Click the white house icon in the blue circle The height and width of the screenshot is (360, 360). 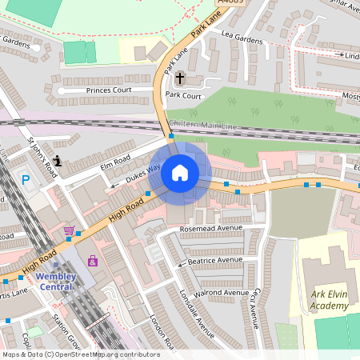pyautogui.click(x=180, y=173)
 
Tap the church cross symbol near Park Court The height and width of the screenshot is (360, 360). pyautogui.click(x=180, y=78)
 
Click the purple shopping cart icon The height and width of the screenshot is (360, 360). pyautogui.click(x=70, y=231)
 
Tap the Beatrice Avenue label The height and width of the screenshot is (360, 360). pyautogui.click(x=214, y=260)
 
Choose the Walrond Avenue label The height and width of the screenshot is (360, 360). pyautogui.click(x=225, y=293)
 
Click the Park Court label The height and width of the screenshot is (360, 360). pyautogui.click(x=183, y=94)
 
